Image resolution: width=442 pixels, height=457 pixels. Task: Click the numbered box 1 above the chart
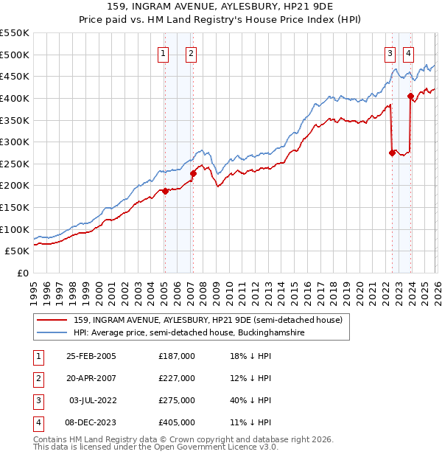pos(162,52)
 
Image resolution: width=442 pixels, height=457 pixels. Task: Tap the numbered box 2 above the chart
pos(191,52)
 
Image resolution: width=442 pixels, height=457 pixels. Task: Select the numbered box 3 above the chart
pos(389,52)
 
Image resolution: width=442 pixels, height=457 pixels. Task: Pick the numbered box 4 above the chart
pos(407,52)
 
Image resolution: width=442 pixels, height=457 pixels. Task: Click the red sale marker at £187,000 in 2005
pos(165,191)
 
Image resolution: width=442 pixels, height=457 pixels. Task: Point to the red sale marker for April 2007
pos(193,174)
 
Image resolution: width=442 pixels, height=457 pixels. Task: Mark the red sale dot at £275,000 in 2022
pos(392,153)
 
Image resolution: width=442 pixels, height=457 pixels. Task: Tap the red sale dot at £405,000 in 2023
pos(410,96)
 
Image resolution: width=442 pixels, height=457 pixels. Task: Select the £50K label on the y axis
pos(18,251)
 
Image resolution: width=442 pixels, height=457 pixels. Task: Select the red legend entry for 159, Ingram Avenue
pos(208,320)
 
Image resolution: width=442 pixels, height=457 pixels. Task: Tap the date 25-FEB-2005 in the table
pos(91,356)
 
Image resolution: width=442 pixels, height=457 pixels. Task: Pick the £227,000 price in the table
pos(177,378)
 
